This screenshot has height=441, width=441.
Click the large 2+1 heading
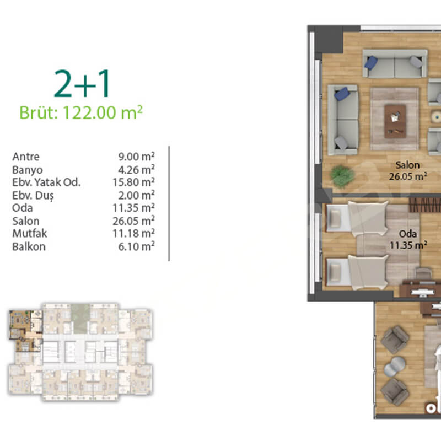coord(82,84)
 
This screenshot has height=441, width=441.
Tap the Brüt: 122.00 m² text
coord(81,113)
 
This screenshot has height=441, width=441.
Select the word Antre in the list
coord(26,157)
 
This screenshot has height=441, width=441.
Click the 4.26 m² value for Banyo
coord(136,170)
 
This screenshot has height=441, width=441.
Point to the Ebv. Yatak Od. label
coord(46,182)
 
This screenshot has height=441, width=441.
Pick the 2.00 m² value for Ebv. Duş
coord(136,195)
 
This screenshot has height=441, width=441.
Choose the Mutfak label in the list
coord(30,233)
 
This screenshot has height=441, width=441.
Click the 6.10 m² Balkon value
coord(136,246)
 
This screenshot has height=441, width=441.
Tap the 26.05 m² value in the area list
coord(133,221)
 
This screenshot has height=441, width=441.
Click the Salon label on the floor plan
coord(407,165)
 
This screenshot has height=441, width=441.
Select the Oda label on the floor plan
coord(408,234)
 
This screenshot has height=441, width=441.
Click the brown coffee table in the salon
coord(395,121)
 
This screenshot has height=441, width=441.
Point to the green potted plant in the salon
coord(342,175)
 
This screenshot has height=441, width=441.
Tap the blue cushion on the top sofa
coord(370,62)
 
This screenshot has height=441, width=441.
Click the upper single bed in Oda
coord(357,218)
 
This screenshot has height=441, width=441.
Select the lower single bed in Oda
coord(357,272)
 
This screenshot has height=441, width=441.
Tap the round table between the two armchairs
coord(395,366)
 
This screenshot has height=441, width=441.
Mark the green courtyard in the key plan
coord(80,319)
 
